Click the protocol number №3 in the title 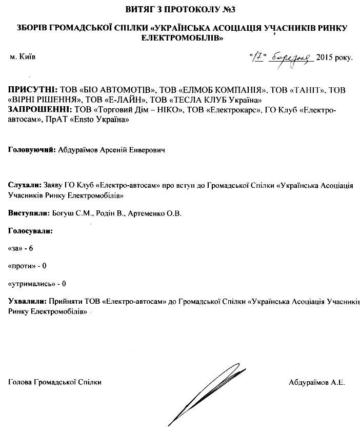pyautogui.click(x=232, y=9)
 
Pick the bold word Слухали pyautogui.click(x=24, y=185)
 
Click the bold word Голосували pyautogui.click(x=31, y=231)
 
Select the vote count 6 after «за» pyautogui.click(x=31, y=248)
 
